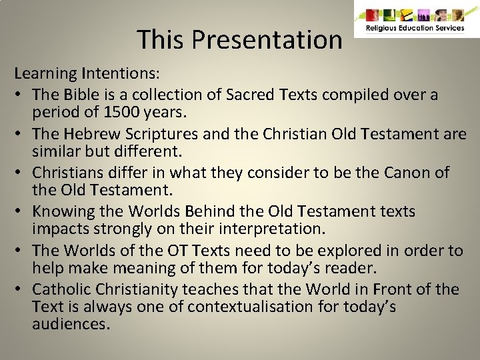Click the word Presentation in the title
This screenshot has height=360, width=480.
point(267,39)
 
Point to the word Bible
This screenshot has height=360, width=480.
point(87,95)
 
